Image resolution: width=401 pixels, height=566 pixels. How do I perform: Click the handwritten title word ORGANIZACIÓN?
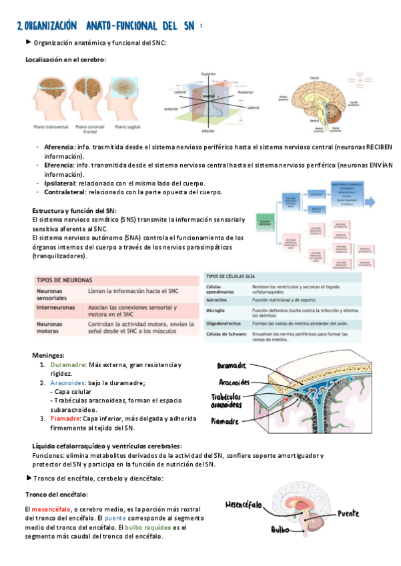pos(48,26)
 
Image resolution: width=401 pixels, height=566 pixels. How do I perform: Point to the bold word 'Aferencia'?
pos(59,147)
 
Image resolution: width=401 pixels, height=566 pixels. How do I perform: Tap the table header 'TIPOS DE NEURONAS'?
pos(64,280)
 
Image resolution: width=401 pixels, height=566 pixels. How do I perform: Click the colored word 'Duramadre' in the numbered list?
pos(67,365)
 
